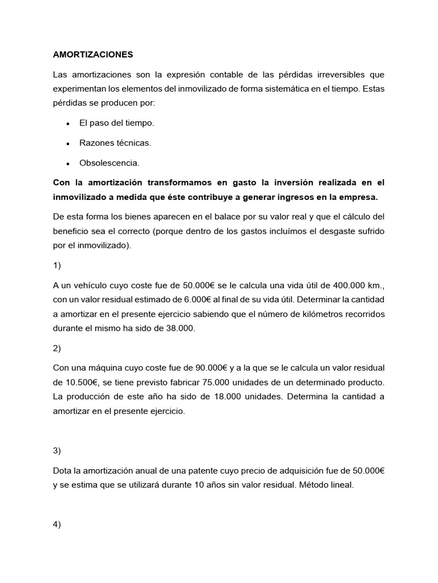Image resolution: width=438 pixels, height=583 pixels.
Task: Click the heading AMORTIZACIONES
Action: pos(92,55)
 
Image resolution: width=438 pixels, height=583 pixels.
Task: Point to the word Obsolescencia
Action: pos(109,163)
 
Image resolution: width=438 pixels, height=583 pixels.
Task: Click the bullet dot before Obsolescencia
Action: pos(68,163)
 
